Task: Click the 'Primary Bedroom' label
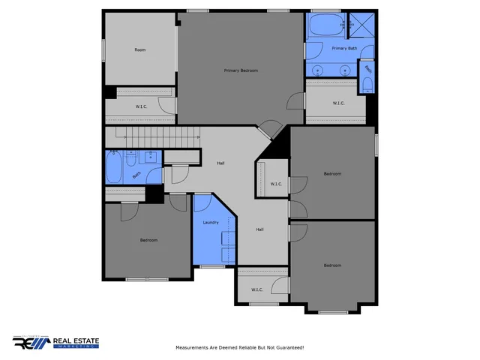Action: (241, 70)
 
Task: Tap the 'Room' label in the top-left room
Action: (139, 50)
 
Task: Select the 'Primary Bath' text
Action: (344, 48)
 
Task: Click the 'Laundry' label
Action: (210, 223)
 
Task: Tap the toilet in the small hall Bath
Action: (132, 159)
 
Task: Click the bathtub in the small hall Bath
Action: (114, 169)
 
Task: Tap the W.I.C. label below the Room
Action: (140, 106)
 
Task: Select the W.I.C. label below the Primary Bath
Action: (337, 103)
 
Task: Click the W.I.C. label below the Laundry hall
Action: (256, 289)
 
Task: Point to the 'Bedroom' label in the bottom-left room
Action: (148, 240)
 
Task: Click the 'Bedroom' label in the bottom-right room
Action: (331, 265)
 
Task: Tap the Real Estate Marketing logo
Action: (55, 342)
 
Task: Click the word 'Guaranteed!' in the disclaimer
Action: (289, 347)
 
